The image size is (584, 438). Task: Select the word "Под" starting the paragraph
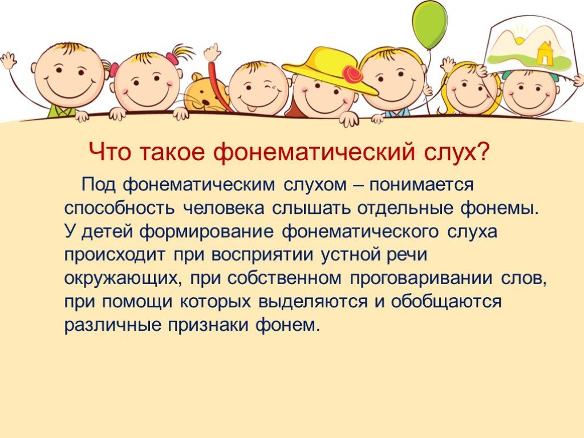99,185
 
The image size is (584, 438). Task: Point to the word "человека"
224,208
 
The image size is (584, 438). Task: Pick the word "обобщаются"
446,302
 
